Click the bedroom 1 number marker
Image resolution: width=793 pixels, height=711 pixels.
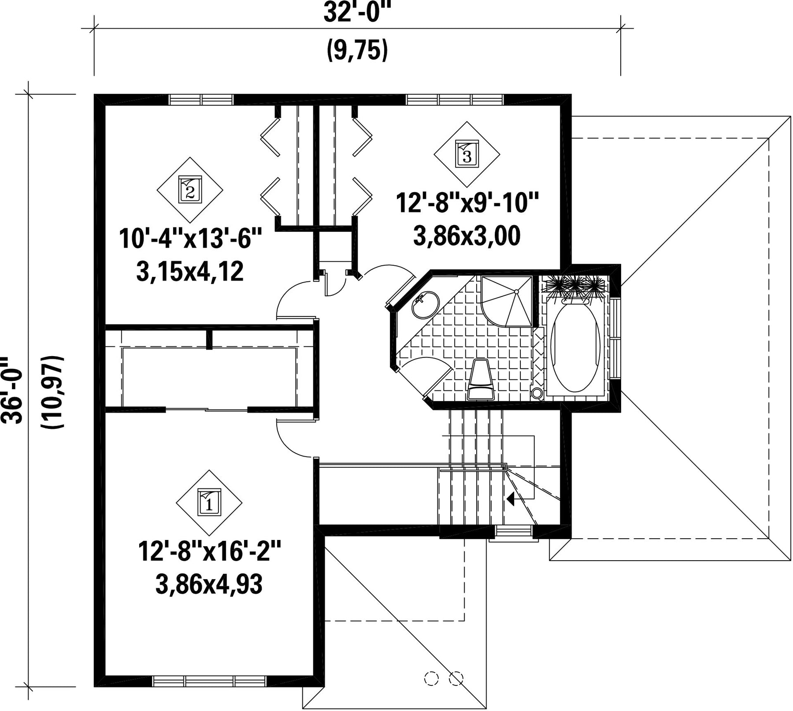tap(209, 503)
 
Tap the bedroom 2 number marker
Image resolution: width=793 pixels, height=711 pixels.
tap(190, 190)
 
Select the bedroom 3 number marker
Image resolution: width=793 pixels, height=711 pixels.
tap(467, 154)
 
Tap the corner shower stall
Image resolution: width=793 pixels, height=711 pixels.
tap(507, 302)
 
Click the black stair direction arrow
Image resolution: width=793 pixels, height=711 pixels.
tap(511, 499)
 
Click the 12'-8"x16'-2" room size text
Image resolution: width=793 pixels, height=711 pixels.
tap(209, 551)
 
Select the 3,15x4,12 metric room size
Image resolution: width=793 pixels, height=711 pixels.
tap(190, 272)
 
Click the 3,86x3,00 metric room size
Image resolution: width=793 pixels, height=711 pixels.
tap(467, 236)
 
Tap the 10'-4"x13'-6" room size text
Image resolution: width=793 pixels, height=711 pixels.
tap(190, 239)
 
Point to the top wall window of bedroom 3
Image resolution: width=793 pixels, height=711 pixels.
tap(455, 100)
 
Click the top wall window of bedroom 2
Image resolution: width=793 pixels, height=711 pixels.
tap(201, 100)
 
